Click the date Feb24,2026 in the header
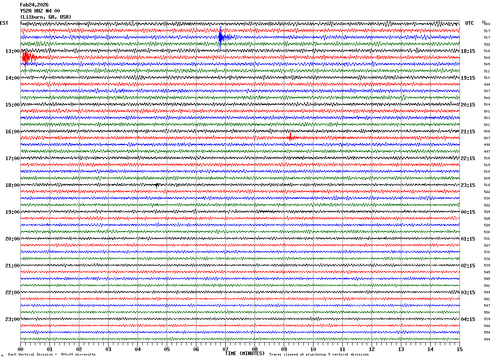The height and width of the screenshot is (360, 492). click(34, 5)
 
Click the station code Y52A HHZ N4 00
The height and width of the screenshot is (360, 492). click(40, 11)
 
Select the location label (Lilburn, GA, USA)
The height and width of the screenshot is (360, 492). click(46, 17)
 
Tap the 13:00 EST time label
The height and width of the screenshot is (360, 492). click(12, 51)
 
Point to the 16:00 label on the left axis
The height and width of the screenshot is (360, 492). click(12, 132)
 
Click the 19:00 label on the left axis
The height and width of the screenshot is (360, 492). click(12, 212)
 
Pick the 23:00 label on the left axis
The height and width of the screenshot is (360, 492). click(12, 319)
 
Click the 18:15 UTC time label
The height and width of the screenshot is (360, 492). click(468, 51)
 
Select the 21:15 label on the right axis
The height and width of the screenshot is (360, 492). click(468, 132)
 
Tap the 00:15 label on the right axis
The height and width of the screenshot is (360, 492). click(468, 212)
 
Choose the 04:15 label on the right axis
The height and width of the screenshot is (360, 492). click(468, 319)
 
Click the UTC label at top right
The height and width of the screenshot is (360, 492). click(470, 23)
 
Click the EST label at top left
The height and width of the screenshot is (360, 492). click(4, 23)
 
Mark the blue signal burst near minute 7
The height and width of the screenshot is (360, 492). click(221, 37)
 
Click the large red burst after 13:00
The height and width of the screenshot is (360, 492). click(26, 57)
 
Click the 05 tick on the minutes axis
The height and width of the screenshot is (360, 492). click(167, 349)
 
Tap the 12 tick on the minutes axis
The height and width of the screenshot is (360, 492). click(372, 349)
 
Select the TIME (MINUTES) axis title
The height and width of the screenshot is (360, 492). click(245, 353)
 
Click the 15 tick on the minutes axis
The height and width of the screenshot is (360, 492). click(459, 349)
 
